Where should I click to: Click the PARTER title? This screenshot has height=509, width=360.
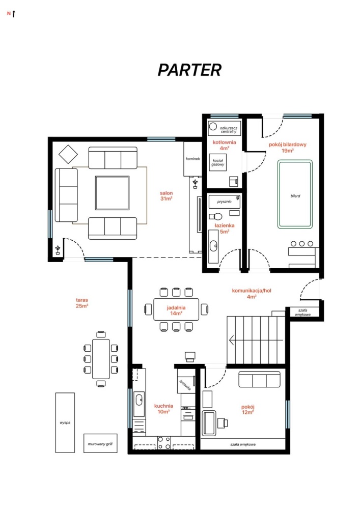(189, 70)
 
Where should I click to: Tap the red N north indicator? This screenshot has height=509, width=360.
(9, 14)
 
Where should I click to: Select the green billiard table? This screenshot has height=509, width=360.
(295, 194)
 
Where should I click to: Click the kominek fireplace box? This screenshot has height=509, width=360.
(193, 159)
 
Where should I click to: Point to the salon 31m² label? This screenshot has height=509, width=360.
(166, 196)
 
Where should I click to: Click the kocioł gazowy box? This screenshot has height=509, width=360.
(218, 162)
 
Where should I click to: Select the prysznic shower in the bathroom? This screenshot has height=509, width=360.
(225, 202)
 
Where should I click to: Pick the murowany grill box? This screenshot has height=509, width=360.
(100, 443)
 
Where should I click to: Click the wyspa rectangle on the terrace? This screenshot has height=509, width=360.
(65, 422)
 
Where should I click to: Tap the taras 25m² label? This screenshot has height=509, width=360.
(82, 303)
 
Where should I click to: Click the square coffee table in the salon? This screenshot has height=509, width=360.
(113, 193)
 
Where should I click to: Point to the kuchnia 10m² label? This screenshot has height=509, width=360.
(163, 409)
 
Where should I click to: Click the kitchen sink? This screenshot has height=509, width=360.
(139, 400)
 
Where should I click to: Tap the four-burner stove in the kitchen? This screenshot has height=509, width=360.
(164, 443)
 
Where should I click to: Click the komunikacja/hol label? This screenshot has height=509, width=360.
(252, 294)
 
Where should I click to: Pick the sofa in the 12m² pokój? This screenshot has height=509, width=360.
(259, 380)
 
